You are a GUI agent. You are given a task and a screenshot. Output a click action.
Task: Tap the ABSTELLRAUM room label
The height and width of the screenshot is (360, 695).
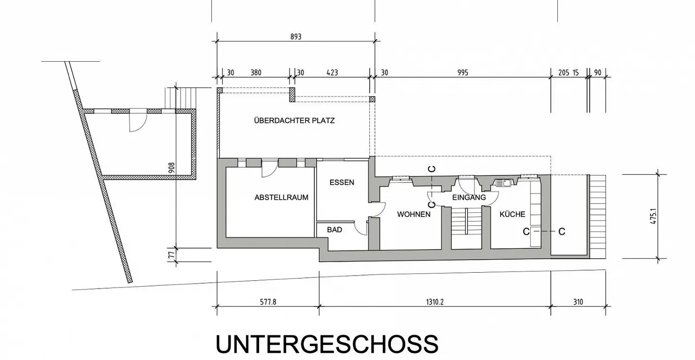pos(281,197)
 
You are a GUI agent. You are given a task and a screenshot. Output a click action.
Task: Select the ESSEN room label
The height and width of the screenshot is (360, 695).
pos(342,182)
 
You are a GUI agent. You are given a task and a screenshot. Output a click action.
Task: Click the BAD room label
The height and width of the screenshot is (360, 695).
pos(334,230)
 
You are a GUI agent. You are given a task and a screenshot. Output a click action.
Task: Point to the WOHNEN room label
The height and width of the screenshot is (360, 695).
pos(414,214)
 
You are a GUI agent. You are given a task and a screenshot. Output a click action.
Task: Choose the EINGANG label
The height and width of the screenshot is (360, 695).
pos(469,197)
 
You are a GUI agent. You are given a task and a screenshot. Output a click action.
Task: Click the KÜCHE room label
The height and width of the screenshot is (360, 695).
pos(513,214)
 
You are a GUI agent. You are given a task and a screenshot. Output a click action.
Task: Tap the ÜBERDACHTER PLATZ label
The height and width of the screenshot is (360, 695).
pos(294,121)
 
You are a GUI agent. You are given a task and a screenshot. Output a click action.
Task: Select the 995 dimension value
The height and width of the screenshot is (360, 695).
pos(463,73)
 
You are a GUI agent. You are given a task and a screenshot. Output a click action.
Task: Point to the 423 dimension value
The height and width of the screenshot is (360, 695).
pos(332,73)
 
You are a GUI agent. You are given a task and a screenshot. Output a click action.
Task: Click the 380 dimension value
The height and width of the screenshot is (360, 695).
pos(256,73)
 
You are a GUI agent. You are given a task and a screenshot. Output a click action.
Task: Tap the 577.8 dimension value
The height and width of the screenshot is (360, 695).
pos(268,302)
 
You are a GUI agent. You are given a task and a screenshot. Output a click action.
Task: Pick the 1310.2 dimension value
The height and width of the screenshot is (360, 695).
pos(435,302)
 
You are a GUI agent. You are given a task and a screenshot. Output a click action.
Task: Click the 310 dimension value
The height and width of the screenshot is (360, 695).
pos(578,302)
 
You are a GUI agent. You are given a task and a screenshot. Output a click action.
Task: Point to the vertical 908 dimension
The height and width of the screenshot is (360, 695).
pos(171,168)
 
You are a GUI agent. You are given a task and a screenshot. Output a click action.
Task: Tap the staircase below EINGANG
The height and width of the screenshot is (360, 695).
pos(467,222)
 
